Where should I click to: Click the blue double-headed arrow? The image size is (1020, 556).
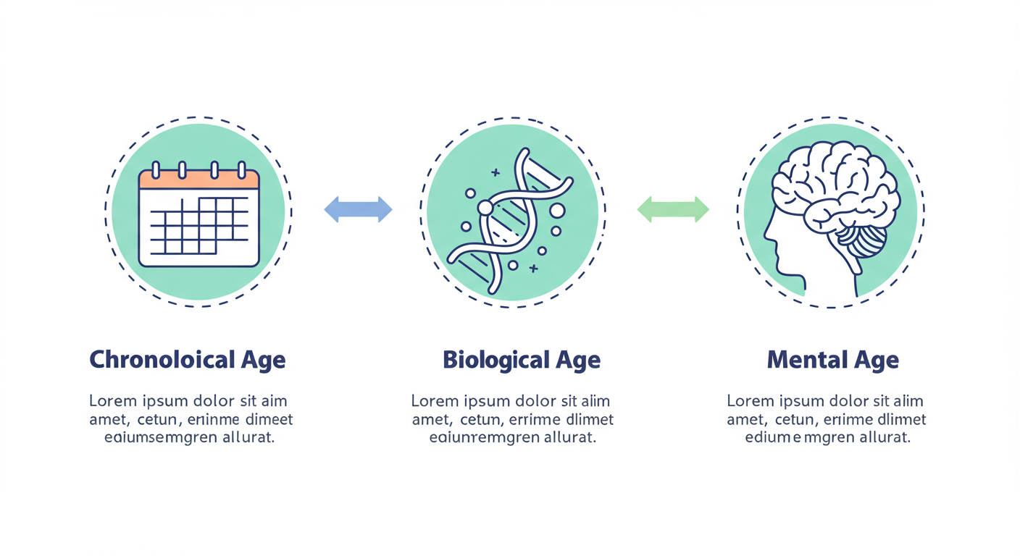[358, 209]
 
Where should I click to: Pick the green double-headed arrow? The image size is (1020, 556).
[673, 209]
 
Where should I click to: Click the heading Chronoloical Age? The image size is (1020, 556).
[187, 360]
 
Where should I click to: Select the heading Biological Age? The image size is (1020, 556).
[521, 360]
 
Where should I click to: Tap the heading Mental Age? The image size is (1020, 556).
[832, 360]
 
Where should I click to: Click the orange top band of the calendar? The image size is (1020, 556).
[198, 179]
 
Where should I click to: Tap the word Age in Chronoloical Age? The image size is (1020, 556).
[262, 360]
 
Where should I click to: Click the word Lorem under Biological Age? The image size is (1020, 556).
[434, 401]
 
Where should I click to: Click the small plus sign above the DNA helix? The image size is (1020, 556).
[496, 173]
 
